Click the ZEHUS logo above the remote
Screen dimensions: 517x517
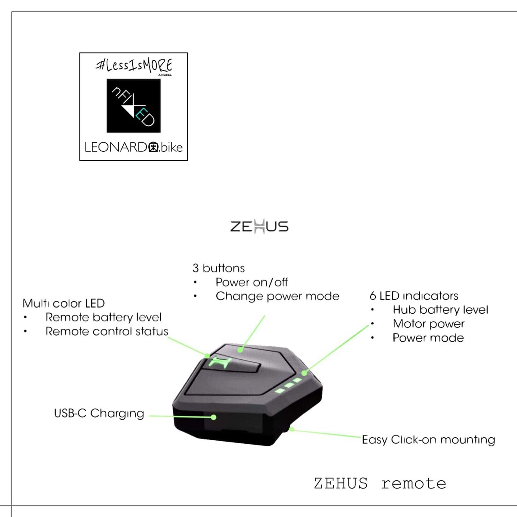click(259, 226)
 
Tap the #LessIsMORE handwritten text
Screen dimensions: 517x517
click(134, 65)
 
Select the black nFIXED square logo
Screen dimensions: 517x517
click(134, 106)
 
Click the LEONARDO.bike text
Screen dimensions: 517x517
click(134, 147)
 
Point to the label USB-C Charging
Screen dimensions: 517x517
click(99, 414)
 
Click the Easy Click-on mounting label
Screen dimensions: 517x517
click(428, 440)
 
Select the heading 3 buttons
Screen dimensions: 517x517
click(218, 268)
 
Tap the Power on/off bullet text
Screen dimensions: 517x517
click(252, 283)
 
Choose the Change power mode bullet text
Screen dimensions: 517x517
click(277, 296)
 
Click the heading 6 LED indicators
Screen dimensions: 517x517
click(414, 296)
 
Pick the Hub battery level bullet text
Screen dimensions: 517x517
click(440, 310)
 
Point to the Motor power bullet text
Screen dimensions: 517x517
click(429, 324)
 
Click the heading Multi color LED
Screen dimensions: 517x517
click(64, 304)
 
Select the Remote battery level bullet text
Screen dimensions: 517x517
click(103, 318)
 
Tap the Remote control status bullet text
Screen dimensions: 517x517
click(107, 332)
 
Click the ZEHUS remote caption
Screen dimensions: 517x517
click(380, 483)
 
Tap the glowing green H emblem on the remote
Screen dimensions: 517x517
click(221, 363)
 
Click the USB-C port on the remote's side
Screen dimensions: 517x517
click(213, 417)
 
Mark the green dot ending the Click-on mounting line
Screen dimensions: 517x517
click(292, 429)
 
